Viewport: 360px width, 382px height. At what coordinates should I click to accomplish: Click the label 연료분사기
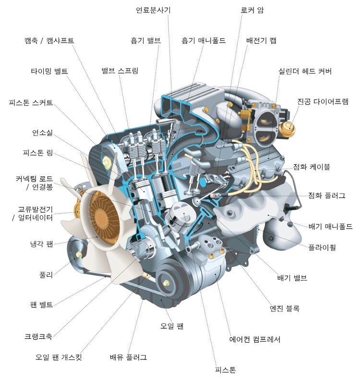pyautogui.click(x=153, y=10)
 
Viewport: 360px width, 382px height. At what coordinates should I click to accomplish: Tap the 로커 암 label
pyautogui.click(x=252, y=10)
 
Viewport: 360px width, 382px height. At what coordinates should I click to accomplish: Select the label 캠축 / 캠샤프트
pyautogui.click(x=49, y=40)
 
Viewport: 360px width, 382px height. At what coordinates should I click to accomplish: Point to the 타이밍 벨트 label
pyautogui.click(x=49, y=71)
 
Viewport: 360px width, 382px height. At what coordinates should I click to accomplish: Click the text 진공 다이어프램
pyautogui.click(x=323, y=101)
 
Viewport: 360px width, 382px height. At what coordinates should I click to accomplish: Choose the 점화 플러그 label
pyautogui.click(x=327, y=196)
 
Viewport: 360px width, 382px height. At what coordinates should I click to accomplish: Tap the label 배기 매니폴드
pyautogui.click(x=330, y=226)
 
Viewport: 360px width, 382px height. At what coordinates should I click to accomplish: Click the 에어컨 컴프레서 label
pyautogui.click(x=254, y=339)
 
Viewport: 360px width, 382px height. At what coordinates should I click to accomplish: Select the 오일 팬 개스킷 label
pyautogui.click(x=59, y=357)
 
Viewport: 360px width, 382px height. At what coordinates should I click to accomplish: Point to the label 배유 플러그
pyautogui.click(x=128, y=357)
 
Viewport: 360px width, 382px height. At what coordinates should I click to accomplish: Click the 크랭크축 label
pyautogui.click(x=38, y=336)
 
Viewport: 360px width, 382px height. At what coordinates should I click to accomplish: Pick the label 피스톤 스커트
pyautogui.click(x=31, y=102)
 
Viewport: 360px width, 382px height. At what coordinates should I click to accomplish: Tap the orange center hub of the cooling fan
pyautogui.click(x=104, y=218)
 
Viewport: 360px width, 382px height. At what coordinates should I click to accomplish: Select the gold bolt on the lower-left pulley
pyautogui.click(x=79, y=255)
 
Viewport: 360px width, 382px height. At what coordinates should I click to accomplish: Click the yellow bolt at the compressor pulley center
pyautogui.click(x=166, y=283)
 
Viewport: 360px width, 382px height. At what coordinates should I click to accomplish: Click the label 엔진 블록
pyautogui.click(x=284, y=308)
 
